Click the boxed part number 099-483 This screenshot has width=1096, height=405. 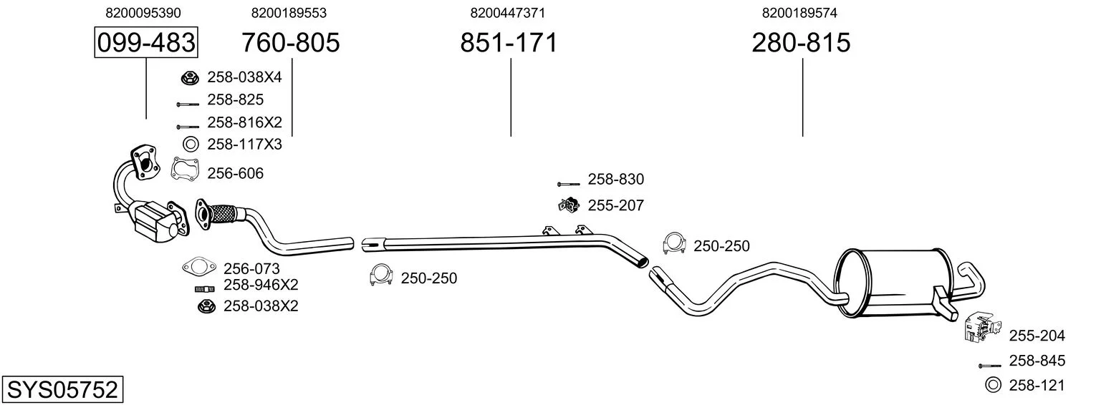[146, 42]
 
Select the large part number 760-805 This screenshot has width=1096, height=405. [291, 42]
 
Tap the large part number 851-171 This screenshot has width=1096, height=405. [509, 42]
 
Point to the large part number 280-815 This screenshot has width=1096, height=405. [801, 42]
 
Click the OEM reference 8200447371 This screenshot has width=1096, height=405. [507, 13]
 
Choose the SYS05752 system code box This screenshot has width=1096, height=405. [62, 390]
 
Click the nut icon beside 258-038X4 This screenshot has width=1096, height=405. [189, 77]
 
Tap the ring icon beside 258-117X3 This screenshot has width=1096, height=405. [191, 144]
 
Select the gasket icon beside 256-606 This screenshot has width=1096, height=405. [186, 169]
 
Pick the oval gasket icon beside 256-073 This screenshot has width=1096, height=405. [199, 267]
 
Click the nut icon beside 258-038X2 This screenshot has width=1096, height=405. [206, 306]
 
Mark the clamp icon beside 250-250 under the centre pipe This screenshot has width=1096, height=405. [381, 275]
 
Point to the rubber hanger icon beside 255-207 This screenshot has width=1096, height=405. [568, 205]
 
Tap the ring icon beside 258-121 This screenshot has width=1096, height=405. [993, 385]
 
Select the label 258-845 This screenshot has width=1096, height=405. [1037, 361]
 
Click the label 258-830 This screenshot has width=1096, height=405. [615, 180]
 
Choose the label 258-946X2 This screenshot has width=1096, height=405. [261, 284]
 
